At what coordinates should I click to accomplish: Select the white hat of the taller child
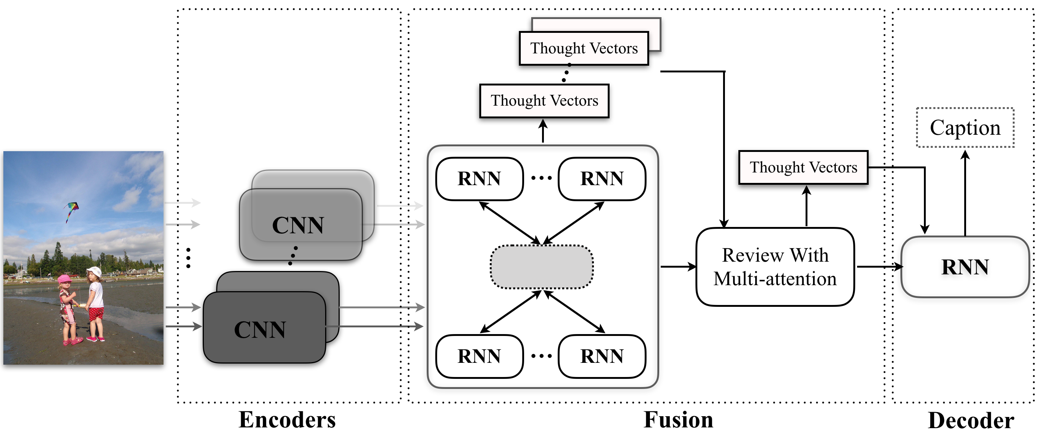click(x=94, y=271)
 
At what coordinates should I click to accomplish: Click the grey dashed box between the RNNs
click(x=541, y=267)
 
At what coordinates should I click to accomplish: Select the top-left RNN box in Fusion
click(x=479, y=179)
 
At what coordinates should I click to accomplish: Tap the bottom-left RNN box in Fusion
click(x=479, y=356)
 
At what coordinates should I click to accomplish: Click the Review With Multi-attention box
click(x=775, y=267)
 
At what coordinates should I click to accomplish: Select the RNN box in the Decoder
click(x=965, y=267)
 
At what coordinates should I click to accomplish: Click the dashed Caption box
click(x=965, y=128)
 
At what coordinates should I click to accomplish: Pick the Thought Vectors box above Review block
click(x=803, y=167)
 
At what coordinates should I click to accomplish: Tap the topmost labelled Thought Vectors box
click(x=584, y=48)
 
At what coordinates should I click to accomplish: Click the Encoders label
click(x=287, y=420)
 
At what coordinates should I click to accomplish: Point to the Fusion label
click(x=678, y=420)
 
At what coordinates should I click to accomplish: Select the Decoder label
click(x=971, y=420)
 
